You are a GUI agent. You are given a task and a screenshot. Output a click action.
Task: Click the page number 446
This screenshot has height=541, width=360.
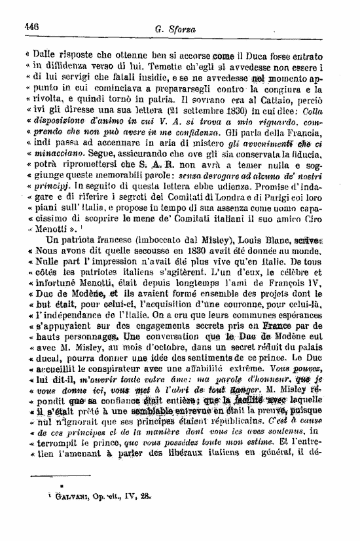tap(31, 27)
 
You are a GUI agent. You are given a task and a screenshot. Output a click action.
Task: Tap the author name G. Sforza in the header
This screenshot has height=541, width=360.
tap(173, 29)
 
